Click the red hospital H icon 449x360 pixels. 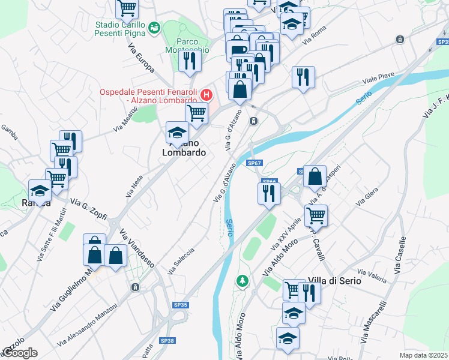(206, 95)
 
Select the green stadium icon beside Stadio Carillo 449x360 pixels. (155, 27)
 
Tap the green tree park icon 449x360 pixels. (242, 280)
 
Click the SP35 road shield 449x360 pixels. (181, 305)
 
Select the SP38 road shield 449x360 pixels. (167, 340)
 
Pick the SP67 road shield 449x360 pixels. (254, 163)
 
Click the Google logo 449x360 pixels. (20, 352)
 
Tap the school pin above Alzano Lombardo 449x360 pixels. (178, 133)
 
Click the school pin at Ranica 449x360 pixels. (40, 191)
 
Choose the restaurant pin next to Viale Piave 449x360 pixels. (303, 76)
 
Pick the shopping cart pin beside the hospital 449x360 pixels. (196, 112)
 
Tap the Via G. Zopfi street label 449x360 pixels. (88, 208)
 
